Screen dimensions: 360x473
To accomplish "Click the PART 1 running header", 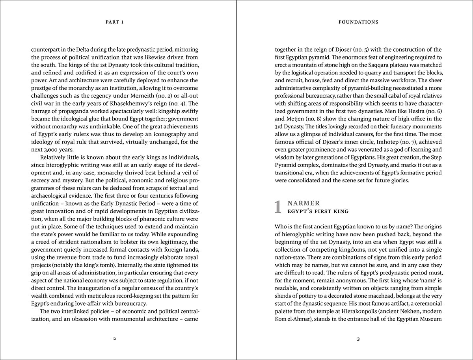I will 115,22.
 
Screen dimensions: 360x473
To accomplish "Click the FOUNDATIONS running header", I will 358,22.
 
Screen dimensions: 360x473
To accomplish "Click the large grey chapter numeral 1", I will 278,207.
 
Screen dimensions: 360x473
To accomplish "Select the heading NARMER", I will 304,203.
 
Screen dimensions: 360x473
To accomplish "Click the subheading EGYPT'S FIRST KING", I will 318,211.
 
